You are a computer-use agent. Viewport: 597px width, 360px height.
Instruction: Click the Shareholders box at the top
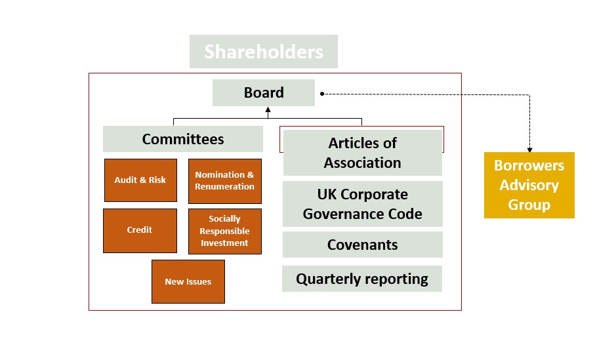click(264, 51)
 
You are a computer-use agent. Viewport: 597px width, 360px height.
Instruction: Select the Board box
click(264, 92)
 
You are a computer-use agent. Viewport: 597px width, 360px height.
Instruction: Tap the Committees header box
click(183, 139)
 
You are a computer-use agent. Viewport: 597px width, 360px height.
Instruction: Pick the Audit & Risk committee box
click(140, 180)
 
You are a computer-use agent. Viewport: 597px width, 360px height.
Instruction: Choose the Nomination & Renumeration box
click(224, 181)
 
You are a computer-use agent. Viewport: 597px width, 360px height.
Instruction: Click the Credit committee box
click(140, 230)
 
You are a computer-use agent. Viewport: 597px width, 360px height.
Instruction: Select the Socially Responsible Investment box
click(224, 231)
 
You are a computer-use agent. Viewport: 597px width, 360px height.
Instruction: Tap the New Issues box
click(188, 281)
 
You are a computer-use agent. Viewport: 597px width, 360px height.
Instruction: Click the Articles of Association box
click(362, 153)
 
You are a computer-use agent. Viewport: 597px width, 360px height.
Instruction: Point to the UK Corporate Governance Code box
click(362, 204)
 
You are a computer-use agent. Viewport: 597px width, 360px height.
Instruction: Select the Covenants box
click(362, 245)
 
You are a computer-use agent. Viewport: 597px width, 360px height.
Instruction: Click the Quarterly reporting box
click(362, 279)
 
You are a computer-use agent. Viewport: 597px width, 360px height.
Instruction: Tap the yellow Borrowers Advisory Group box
click(529, 185)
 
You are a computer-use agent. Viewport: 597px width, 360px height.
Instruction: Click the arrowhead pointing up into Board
click(268, 110)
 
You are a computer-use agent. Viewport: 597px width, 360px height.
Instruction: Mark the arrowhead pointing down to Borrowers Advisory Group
click(529, 150)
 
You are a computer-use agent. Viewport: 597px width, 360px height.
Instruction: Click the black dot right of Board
click(322, 94)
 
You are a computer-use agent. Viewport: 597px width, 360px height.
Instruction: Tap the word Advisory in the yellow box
click(529, 186)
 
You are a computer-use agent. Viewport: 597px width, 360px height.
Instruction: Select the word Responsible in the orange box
click(224, 231)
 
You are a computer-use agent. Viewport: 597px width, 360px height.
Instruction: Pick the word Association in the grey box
click(362, 163)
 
